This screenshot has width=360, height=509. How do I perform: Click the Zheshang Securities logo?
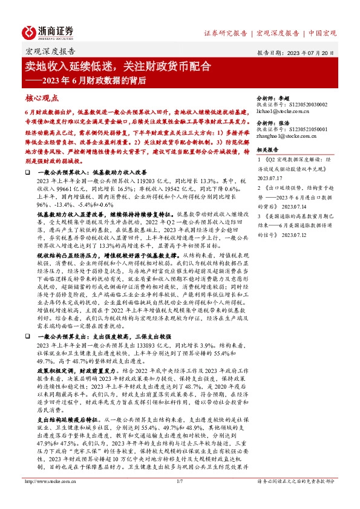(48, 31)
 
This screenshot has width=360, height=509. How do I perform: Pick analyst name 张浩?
(284, 120)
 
